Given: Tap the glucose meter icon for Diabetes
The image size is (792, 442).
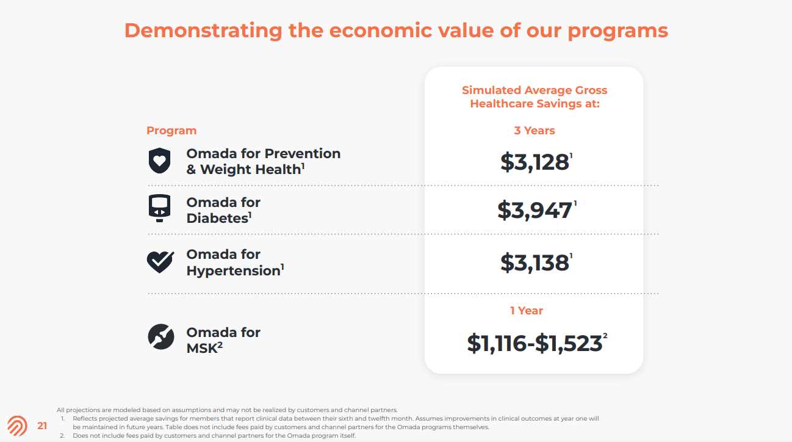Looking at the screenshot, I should (160, 208).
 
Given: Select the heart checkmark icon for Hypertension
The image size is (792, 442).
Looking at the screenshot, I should (160, 261).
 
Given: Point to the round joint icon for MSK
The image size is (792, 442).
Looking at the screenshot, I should (161, 337).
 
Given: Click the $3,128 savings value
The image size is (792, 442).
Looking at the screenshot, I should (535, 162).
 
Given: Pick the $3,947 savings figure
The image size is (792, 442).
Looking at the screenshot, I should (535, 210).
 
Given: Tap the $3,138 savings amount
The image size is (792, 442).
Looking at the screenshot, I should (535, 263).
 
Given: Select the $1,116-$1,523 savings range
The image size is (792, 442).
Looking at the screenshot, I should (535, 343).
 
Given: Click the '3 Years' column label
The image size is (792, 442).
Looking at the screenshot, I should (535, 131).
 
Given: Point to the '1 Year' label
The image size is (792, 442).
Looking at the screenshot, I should (527, 311).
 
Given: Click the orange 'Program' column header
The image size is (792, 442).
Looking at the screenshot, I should (171, 131).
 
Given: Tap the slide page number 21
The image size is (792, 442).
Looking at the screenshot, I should (42, 426).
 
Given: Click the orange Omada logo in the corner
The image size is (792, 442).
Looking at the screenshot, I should (17, 426).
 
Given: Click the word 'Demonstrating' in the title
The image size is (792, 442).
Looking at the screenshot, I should (203, 31).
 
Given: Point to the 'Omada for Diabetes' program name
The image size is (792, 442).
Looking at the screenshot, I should (223, 210).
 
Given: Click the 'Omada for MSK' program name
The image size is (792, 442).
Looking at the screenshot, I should (223, 340).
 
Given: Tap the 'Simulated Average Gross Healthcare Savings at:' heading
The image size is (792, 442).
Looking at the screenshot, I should (535, 97).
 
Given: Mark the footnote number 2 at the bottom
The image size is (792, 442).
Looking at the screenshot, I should (62, 436).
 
